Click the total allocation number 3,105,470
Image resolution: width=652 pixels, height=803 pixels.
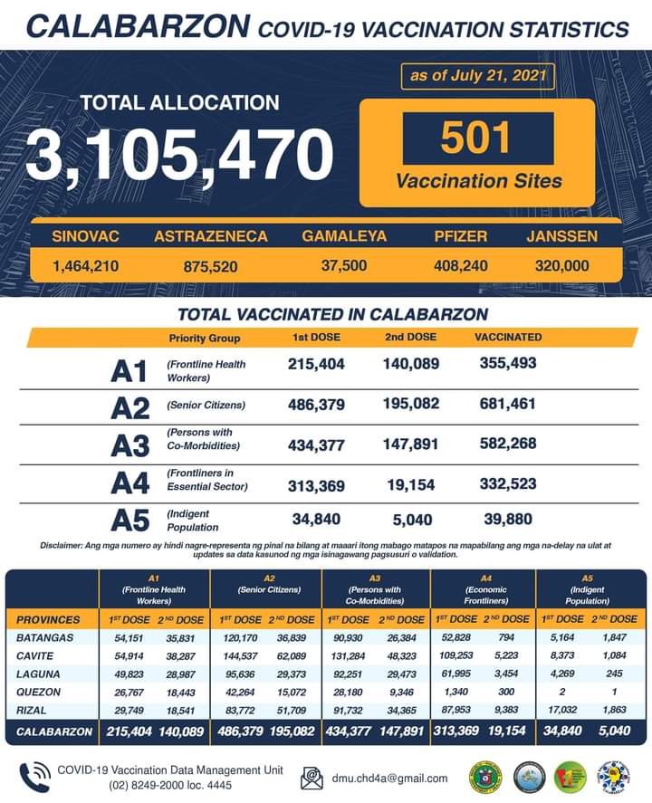179,155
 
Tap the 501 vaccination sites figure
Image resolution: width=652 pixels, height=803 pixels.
477,138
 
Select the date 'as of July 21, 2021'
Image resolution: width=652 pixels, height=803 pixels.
478,75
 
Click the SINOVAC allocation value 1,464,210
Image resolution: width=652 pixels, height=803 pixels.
86,266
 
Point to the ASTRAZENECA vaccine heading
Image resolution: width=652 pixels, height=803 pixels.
211,236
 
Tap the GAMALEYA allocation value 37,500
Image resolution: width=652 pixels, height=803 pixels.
344,266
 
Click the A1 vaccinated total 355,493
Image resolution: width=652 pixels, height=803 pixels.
508,363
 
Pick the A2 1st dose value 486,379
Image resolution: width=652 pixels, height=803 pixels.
316,405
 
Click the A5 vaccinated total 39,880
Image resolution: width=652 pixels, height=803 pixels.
508,520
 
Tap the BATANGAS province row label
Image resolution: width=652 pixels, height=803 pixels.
41,637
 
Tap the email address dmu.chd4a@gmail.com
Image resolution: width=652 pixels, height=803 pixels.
389,778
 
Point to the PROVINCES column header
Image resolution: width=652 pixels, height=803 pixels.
48,619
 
